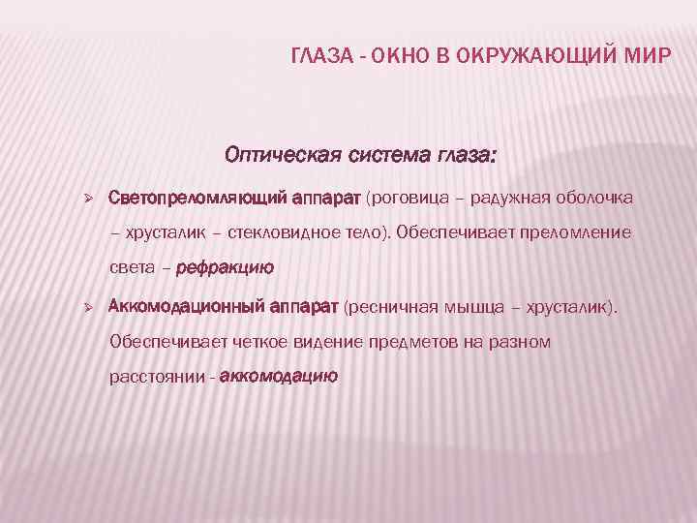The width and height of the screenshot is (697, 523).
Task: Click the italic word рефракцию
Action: click(225, 268)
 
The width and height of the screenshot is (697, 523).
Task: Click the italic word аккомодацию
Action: click(279, 377)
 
